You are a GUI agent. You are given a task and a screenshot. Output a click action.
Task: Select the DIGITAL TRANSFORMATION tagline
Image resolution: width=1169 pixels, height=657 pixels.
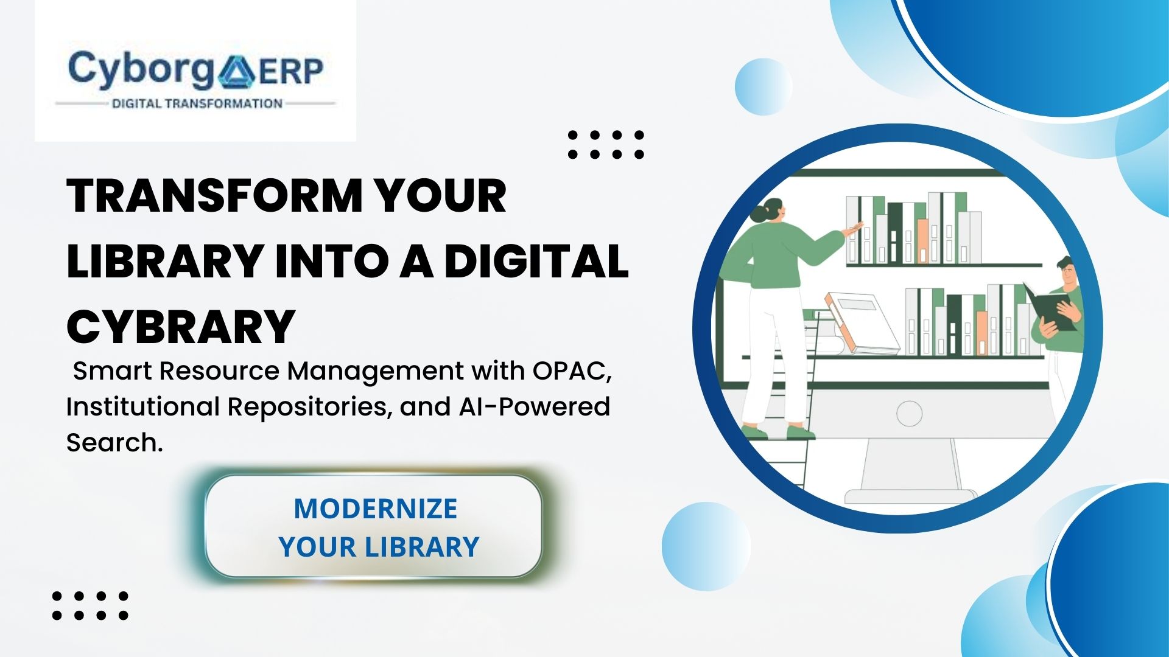197,104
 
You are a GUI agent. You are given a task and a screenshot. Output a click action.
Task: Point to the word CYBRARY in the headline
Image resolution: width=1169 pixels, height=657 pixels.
181,327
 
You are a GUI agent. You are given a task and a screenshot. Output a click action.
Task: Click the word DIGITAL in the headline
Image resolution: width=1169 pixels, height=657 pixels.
536,262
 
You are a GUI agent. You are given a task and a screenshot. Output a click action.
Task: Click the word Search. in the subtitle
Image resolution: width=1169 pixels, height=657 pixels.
114,443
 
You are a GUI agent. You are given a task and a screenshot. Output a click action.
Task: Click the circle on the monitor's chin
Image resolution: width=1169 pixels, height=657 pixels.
909,414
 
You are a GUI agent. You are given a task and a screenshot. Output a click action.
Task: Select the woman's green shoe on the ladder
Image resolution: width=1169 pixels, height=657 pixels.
801,433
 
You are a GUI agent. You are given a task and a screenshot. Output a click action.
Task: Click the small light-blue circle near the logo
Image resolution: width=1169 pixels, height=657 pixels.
763,87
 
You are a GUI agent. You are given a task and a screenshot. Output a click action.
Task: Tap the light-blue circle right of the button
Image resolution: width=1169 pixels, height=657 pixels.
706,546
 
